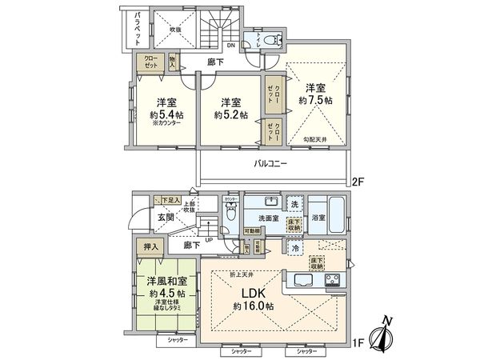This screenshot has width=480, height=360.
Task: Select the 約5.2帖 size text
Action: (x=230, y=114)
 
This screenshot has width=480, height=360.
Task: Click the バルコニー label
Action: (x=272, y=163)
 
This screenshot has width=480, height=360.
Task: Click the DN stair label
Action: (x=230, y=45)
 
